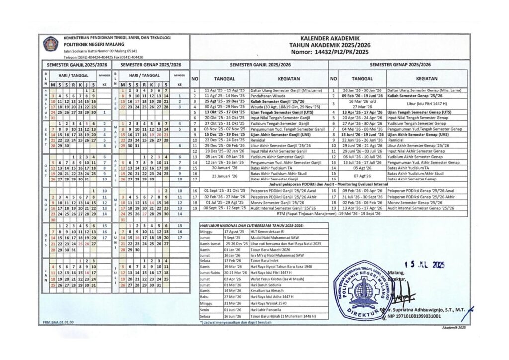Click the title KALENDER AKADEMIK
[x=329, y=38]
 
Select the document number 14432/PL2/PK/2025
[x=343, y=51]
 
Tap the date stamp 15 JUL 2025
[x=424, y=265]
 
